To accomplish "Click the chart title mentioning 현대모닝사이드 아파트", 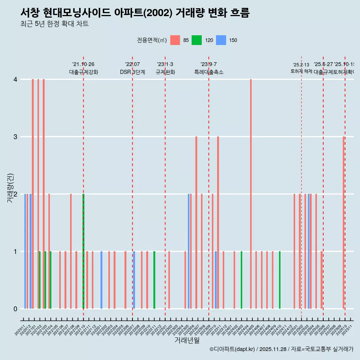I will [x=135, y=13].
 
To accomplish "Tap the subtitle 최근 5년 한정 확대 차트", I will [x=54, y=24].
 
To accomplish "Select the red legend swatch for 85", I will [x=175, y=40].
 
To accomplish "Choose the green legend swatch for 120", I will [x=196, y=40].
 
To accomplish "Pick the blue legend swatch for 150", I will [x=221, y=40].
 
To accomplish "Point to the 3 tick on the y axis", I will [x=15, y=137].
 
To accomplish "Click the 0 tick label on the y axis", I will [x=15, y=309].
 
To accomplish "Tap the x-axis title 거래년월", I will [x=187, y=340].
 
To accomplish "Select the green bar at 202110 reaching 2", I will [x=83, y=251].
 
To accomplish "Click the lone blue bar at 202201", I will [x=101, y=280].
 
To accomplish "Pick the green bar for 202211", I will [x=154, y=280].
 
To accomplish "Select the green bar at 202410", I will [x=280, y=280].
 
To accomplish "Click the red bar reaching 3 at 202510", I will [x=343, y=223].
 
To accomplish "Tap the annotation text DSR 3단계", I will [x=132, y=72].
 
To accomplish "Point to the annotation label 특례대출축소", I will [x=208, y=72].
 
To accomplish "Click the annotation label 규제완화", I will [x=165, y=72].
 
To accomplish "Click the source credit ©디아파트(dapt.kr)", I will [x=232, y=349].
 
